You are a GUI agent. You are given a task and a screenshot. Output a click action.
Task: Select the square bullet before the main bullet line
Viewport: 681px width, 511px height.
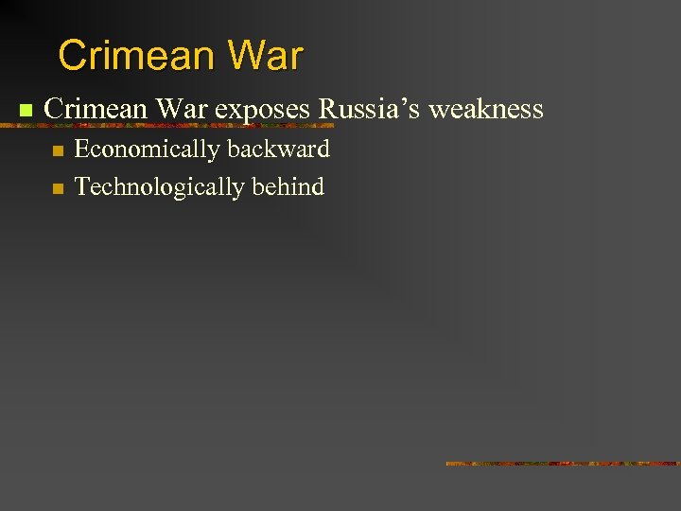coord(26,111)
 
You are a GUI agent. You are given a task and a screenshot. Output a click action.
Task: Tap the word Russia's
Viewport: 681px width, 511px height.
coord(369,109)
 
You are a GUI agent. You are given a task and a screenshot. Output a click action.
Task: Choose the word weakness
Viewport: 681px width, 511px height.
coord(486,109)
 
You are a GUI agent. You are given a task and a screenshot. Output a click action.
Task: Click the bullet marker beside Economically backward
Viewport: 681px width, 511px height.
coord(57,150)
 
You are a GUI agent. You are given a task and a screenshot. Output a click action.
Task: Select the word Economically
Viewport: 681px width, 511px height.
coord(147,150)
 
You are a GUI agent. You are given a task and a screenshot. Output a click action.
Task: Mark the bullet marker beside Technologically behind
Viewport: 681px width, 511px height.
coord(57,188)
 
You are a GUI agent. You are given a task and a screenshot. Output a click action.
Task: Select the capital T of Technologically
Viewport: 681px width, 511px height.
coord(81,186)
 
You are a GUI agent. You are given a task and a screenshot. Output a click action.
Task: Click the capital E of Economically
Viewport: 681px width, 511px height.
coord(81,149)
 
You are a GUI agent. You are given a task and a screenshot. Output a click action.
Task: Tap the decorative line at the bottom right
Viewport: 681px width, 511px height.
coord(563,464)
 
